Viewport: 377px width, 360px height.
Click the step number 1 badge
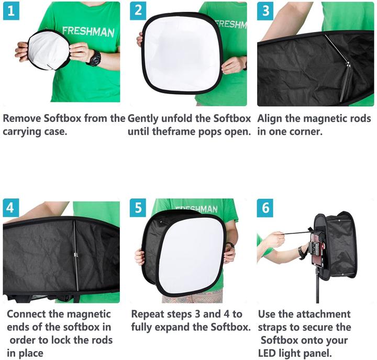pyautogui.click(x=11, y=10)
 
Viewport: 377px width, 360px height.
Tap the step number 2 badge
pyautogui.click(x=138, y=10)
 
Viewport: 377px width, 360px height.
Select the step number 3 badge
pyautogui.click(x=265, y=10)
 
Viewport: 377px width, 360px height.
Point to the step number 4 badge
pyautogui.click(x=11, y=208)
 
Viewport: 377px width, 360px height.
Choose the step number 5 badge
pyautogui.click(x=138, y=208)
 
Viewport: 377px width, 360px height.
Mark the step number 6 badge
pyautogui.click(x=265, y=208)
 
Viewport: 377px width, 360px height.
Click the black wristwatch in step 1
pyautogui.click(x=94, y=58)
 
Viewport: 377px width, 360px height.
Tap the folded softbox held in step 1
pyautogui.click(x=48, y=50)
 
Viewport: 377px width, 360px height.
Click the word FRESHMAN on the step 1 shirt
pyautogui.click(x=88, y=31)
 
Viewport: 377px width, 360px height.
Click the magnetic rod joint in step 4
pyautogui.click(x=76, y=255)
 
